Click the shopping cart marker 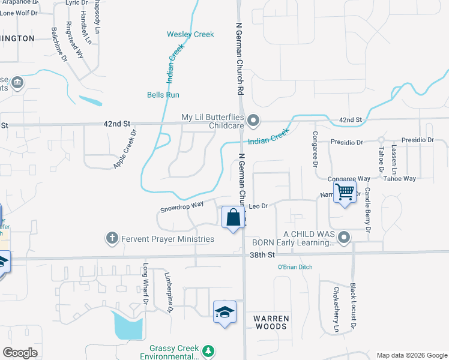(345, 193)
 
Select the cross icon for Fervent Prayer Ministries (111, 238)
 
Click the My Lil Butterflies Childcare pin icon (253, 121)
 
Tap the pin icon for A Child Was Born (344, 238)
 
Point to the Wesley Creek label (190, 34)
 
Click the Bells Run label (163, 95)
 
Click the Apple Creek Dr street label (125, 149)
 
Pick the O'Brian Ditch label (295, 267)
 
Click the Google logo (20, 353)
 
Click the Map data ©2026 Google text (411, 355)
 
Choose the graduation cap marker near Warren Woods (224, 312)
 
